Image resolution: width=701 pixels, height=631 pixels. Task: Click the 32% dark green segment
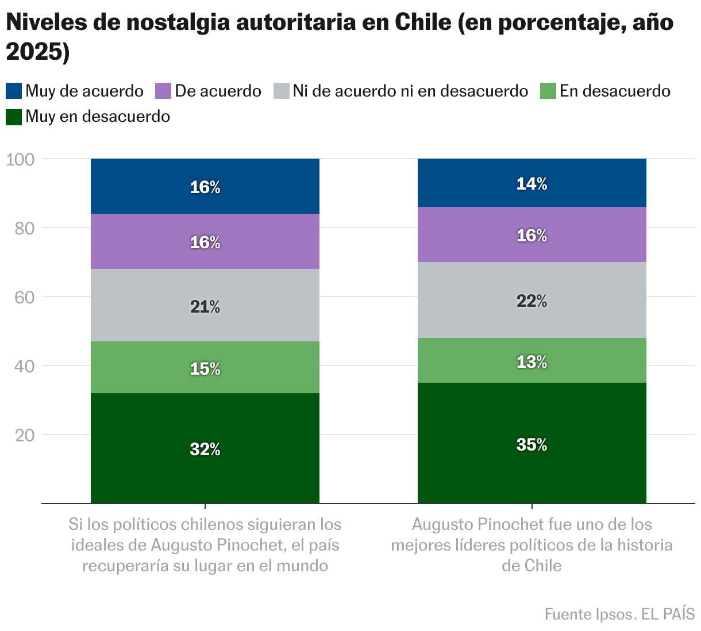(205, 448)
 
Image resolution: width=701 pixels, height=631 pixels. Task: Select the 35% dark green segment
(531, 443)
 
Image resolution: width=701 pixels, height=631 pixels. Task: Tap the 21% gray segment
(205, 305)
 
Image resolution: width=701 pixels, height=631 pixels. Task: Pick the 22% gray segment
(531, 300)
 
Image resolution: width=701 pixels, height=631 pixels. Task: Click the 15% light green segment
(205, 367)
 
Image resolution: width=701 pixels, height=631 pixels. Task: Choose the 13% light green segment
(531, 360)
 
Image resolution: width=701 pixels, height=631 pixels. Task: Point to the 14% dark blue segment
(531, 183)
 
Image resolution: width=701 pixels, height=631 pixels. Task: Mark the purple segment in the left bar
(205, 241)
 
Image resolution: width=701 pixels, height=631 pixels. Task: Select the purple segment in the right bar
(531, 234)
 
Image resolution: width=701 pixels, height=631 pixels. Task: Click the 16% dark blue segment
(205, 186)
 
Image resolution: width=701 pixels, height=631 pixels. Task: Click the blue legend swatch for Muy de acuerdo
(14, 91)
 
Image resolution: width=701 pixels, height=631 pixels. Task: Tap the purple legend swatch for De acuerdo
(163, 91)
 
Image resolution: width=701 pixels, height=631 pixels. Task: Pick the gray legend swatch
(281, 91)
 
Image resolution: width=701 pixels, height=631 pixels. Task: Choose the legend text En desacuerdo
(615, 91)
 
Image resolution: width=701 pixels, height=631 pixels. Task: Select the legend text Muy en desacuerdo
(98, 117)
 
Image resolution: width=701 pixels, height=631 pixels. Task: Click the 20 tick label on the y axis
(25, 435)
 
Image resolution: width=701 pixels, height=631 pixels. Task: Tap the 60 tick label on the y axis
(25, 297)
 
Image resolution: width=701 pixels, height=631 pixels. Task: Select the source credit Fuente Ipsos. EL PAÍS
(619, 614)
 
